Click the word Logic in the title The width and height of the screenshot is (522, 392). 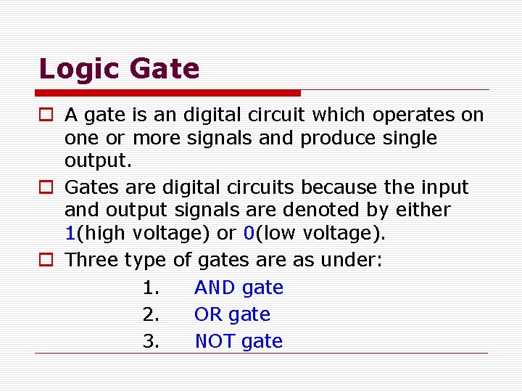pyautogui.click(x=79, y=70)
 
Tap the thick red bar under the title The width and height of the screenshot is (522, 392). pyautogui.click(x=168, y=93)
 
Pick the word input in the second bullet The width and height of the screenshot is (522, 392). pyautogui.click(x=444, y=187)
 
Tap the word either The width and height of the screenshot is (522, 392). pyautogui.click(x=423, y=211)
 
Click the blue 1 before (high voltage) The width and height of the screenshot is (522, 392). pyautogui.click(x=70, y=234)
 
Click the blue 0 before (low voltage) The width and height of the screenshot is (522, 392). pyautogui.click(x=248, y=234)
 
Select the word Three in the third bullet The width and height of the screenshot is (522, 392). pyautogui.click(x=92, y=260)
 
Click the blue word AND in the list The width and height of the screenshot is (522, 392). pyautogui.click(x=214, y=288)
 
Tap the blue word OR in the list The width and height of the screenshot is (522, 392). pyautogui.click(x=208, y=315)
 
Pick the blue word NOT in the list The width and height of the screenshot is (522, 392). pyautogui.click(x=215, y=342)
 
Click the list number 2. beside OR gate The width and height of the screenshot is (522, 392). pyautogui.click(x=151, y=315)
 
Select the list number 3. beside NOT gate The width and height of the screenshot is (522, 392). pyautogui.click(x=151, y=342)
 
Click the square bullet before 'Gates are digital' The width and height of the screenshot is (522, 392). pyautogui.click(x=45, y=188)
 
